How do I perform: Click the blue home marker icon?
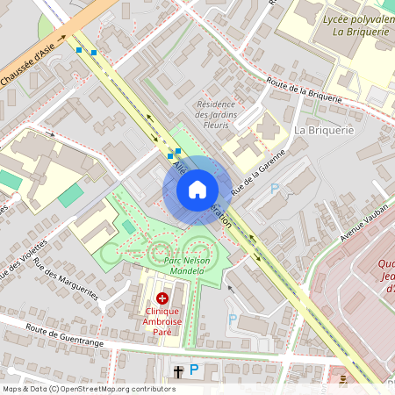point(197,189)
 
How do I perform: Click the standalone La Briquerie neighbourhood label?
point(324,130)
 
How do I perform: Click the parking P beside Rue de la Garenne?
point(275,189)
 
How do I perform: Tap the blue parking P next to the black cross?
point(195,370)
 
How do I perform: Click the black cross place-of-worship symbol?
point(178,371)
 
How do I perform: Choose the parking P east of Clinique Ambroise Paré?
point(233,320)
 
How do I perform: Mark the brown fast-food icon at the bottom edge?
point(343,378)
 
